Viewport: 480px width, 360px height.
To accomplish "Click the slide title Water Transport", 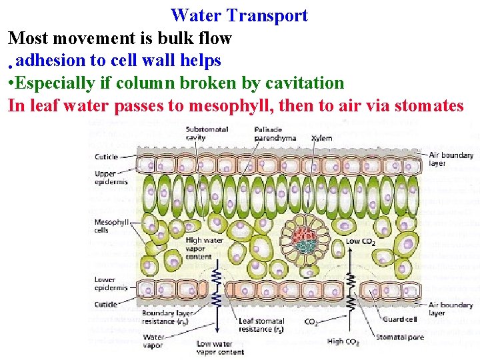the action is click(239, 15).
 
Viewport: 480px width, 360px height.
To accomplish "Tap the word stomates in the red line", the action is click(429, 105).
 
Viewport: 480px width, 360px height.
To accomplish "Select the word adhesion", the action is click(52, 61).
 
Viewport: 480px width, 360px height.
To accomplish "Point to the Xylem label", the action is click(321, 138).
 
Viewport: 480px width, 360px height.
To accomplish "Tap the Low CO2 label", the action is click(360, 242).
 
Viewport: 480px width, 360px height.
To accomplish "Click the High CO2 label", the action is click(343, 342).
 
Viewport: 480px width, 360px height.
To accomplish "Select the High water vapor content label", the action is click(204, 247).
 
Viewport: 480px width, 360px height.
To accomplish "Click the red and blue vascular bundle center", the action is click(304, 236).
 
